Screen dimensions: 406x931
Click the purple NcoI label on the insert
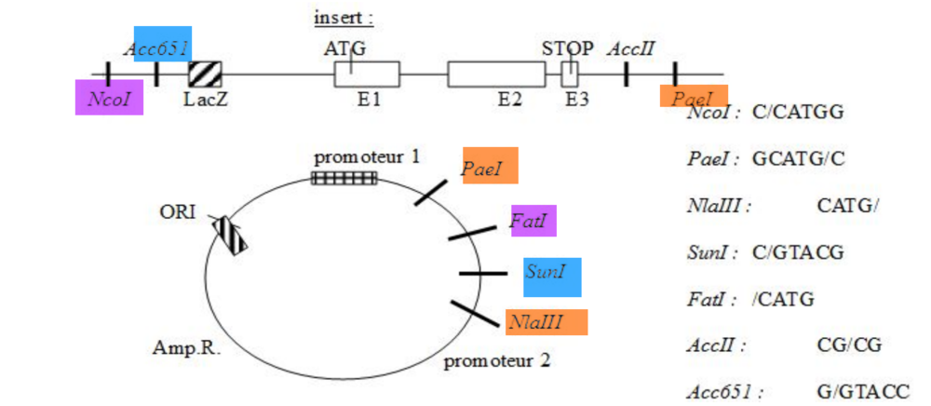pyautogui.click(x=109, y=97)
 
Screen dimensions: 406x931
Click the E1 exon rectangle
pyautogui.click(x=367, y=74)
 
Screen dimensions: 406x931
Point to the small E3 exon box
pyautogui.click(x=571, y=74)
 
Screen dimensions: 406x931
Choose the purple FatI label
pyautogui.click(x=533, y=223)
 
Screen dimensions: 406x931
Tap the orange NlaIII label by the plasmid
pyautogui.click(x=546, y=322)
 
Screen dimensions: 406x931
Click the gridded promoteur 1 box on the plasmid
pyautogui.click(x=344, y=177)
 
